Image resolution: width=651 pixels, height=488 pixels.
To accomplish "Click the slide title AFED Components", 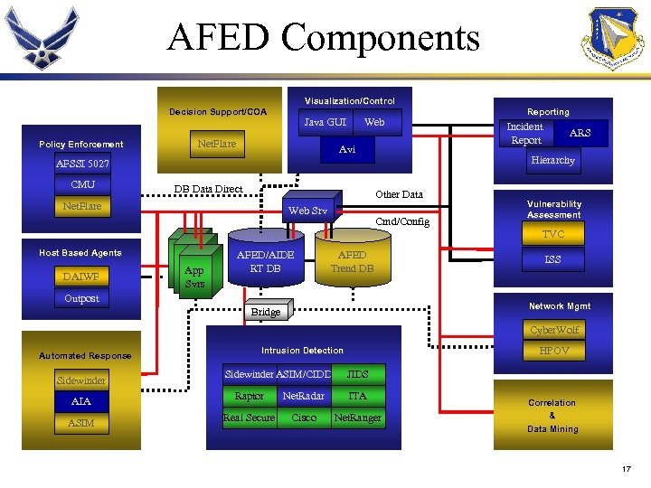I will (x=324, y=38).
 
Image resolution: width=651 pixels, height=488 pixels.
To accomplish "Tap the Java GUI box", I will (x=325, y=122).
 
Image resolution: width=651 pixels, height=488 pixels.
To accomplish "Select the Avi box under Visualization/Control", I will (x=347, y=150).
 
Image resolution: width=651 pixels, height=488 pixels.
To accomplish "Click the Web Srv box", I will (x=308, y=211).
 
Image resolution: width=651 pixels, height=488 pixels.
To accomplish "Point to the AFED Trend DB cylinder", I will (x=352, y=261).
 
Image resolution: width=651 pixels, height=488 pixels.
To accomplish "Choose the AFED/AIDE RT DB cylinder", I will (x=265, y=261).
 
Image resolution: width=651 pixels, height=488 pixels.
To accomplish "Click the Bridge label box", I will (x=265, y=312).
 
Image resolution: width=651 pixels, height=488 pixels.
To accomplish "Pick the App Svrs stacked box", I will (x=193, y=276).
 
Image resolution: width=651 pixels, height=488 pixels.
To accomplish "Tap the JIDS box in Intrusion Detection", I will (x=357, y=374).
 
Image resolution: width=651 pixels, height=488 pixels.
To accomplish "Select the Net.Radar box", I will (x=303, y=396).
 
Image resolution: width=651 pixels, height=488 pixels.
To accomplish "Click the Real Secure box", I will (x=249, y=418).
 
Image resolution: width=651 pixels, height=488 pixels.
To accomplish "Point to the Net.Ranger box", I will (x=357, y=418).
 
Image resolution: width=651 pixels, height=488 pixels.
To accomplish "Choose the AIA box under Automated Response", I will (x=80, y=401).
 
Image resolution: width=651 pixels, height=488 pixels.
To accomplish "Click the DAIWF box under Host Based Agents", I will (x=81, y=277).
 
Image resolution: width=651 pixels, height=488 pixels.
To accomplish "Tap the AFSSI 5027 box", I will (x=82, y=164).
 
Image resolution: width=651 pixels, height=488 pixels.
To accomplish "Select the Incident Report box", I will (x=525, y=134).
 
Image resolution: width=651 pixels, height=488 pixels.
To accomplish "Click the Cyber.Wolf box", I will (x=554, y=330).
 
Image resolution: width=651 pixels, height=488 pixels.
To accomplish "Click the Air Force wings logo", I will (x=42, y=39).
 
